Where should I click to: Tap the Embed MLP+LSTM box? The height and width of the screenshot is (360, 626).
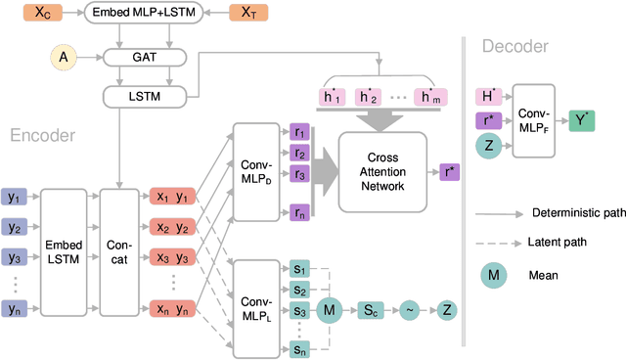coord(144,13)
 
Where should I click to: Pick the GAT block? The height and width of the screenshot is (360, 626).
coord(144,57)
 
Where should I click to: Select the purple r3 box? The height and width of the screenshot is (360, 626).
coord(300,176)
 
